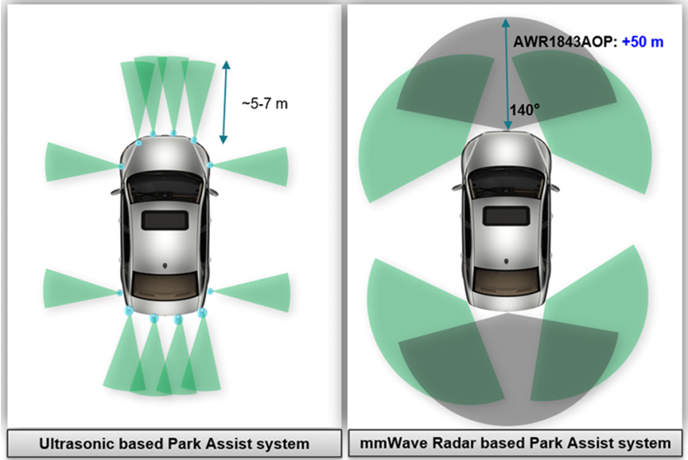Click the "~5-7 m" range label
pyautogui.click(x=265, y=102)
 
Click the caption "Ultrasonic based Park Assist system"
pyautogui.click(x=174, y=443)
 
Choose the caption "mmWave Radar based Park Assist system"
pyautogui.click(x=515, y=443)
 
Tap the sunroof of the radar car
pyautogui.click(x=506, y=214)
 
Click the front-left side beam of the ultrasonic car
pyautogui.click(x=80, y=156)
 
